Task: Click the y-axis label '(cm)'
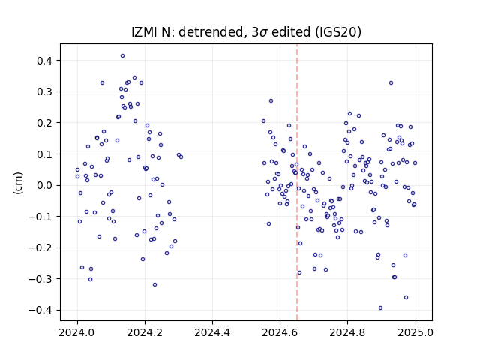18,183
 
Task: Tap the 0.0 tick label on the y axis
45,185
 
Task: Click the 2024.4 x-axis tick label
212,332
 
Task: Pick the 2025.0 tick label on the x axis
415,332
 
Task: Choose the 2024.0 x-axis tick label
77,332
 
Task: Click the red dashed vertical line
297,182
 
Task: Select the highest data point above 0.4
122,56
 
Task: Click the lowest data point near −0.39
380,308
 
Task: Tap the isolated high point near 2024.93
391,83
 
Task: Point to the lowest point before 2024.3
154,285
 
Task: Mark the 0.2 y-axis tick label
45,123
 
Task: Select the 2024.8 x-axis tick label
347,332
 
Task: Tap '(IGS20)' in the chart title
338,32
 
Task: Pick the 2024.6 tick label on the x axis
280,332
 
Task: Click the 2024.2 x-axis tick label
145,332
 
